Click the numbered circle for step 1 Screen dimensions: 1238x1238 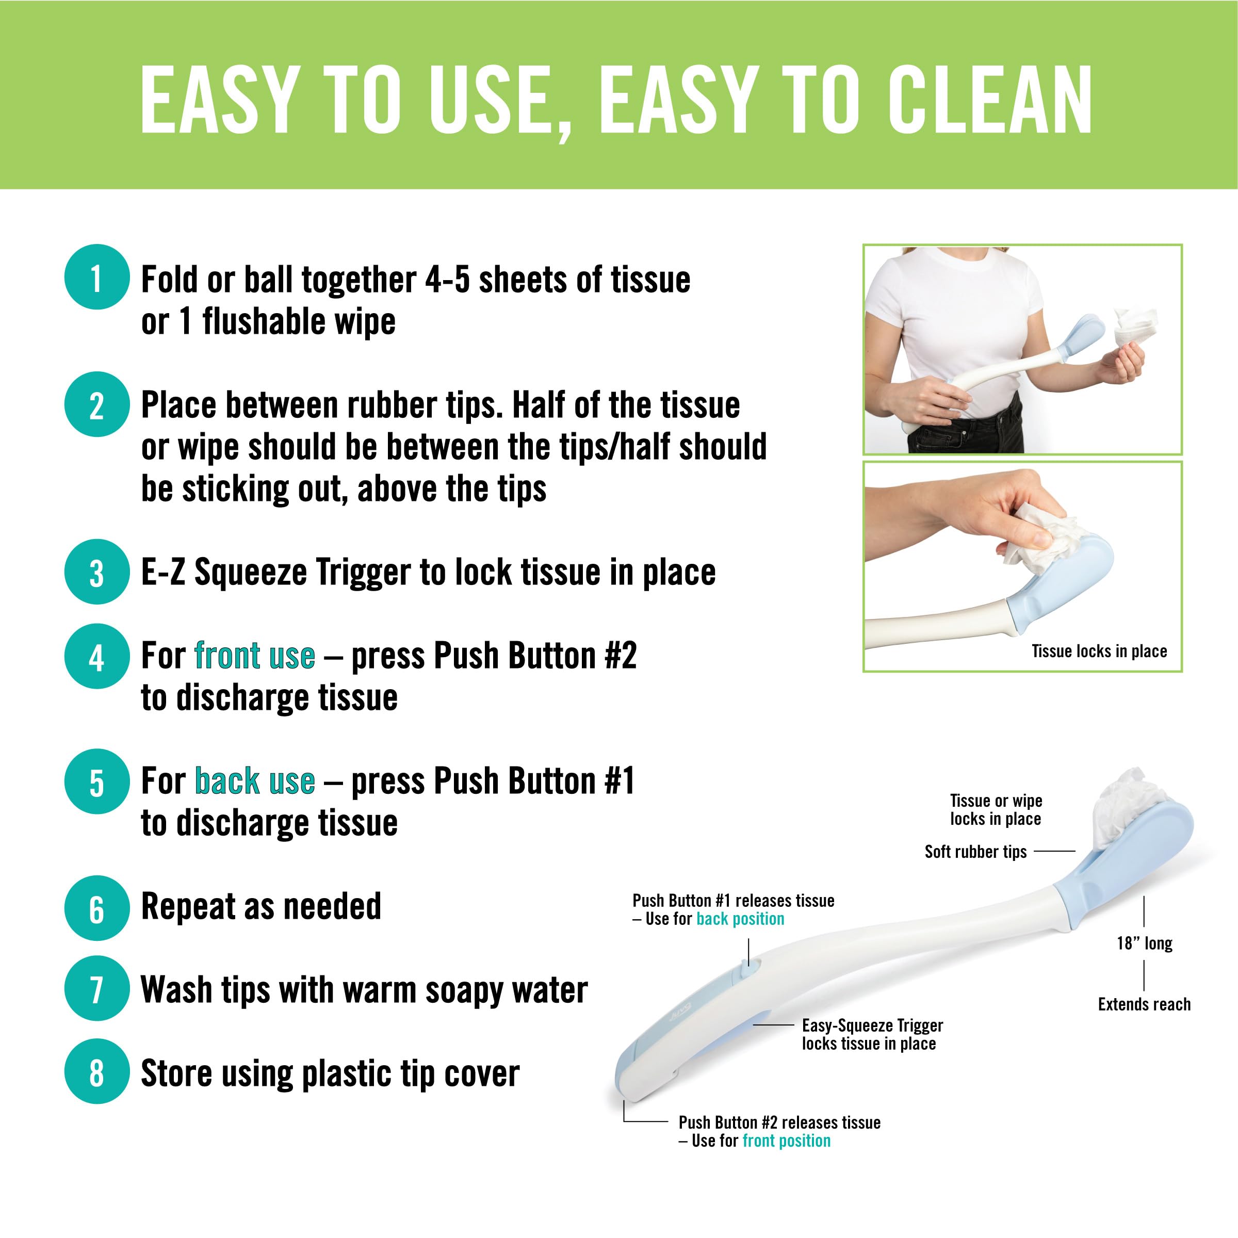click(97, 277)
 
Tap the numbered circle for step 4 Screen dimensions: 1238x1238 click(97, 656)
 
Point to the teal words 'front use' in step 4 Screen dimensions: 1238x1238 click(254, 656)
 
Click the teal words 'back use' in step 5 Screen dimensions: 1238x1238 click(254, 781)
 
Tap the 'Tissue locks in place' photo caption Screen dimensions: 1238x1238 click(1098, 651)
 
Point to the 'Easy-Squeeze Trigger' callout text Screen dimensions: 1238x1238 click(872, 1025)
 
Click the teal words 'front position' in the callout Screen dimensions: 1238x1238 click(786, 1141)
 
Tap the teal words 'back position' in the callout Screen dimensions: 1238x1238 click(740, 919)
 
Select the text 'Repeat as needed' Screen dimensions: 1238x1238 click(261, 907)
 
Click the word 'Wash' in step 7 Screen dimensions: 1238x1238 click(175, 989)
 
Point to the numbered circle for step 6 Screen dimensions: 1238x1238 click(97, 908)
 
